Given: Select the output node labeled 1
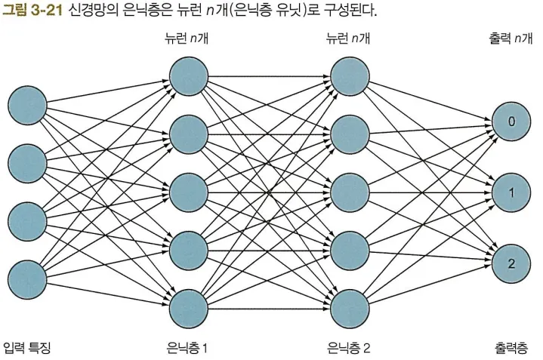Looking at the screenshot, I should (511, 192).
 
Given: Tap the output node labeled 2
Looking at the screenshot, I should (511, 263).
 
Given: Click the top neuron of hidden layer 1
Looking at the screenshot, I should (189, 75).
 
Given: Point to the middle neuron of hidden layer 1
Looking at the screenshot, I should (189, 192).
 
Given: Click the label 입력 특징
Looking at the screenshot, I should (27, 348).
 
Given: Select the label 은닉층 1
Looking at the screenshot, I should (187, 348).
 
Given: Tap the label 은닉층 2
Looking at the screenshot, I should (349, 348).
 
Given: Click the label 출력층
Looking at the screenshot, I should (511, 348).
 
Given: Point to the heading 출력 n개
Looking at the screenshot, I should (511, 38).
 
